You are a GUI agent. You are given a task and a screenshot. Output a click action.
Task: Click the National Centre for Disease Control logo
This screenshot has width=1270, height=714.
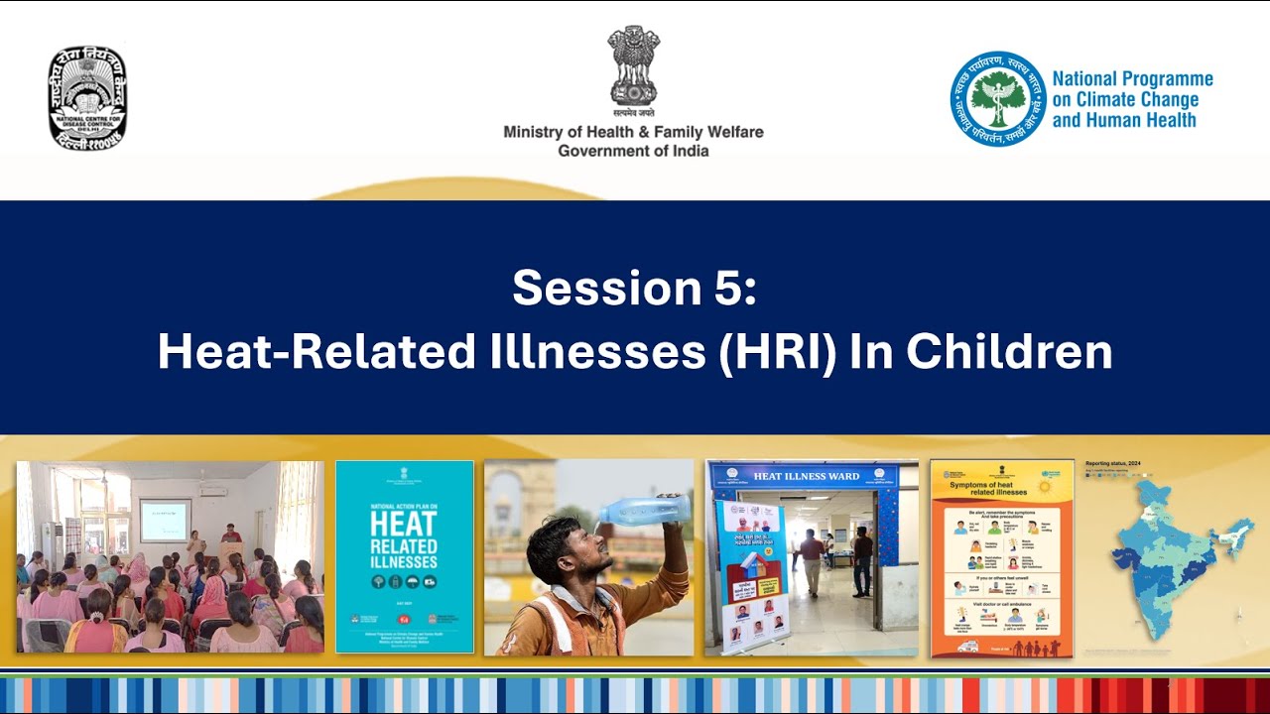point(87,98)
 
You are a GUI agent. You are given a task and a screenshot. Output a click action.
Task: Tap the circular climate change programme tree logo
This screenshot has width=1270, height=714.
point(997,99)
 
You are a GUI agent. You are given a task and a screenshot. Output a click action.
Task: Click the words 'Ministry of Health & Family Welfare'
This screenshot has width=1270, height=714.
point(633,132)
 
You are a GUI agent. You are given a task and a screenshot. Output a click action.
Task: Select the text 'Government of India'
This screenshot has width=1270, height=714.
point(633,151)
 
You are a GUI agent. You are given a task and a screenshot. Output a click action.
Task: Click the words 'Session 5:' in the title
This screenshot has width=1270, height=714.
point(634,289)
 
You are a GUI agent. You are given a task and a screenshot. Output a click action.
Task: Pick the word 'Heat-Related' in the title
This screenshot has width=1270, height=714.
point(317,352)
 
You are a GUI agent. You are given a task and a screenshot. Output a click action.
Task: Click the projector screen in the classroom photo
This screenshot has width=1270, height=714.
point(164,520)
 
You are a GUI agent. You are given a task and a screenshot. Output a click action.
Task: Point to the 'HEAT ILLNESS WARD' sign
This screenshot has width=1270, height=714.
point(807,476)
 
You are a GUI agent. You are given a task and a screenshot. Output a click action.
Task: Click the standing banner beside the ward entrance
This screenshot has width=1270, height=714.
point(751,575)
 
